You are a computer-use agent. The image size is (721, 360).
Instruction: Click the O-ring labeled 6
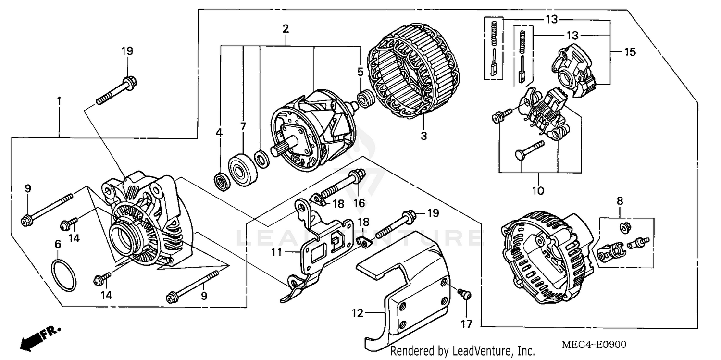(x=64, y=275)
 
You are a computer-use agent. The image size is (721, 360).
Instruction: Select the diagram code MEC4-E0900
(x=594, y=345)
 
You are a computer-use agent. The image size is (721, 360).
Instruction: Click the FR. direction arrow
(x=38, y=336)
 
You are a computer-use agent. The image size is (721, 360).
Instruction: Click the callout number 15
(x=630, y=52)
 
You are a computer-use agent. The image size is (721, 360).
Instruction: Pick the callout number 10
(x=538, y=191)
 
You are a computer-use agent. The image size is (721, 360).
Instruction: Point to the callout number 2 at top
(x=286, y=28)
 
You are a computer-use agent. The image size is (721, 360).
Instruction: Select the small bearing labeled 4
(x=222, y=182)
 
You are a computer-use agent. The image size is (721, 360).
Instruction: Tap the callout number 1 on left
(x=59, y=101)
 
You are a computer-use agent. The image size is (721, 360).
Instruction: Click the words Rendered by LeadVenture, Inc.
(x=462, y=351)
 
